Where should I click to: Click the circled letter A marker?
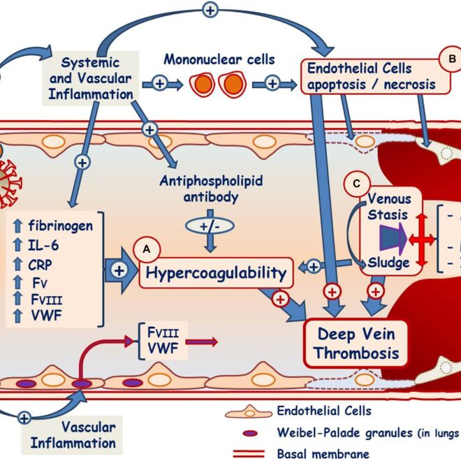click(x=148, y=249)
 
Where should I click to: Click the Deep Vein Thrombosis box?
click(x=356, y=342)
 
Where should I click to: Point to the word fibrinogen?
click(x=60, y=226)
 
